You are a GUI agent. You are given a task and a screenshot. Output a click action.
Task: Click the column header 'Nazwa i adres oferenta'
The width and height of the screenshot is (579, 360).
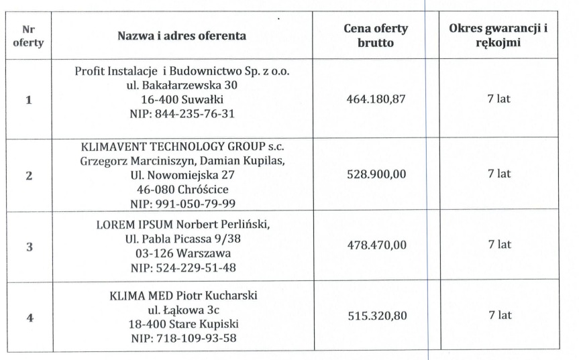(183, 36)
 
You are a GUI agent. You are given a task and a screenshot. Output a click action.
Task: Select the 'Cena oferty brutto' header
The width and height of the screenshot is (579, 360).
(376, 36)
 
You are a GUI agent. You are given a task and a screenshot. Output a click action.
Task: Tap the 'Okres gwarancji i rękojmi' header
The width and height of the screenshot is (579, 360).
(499, 36)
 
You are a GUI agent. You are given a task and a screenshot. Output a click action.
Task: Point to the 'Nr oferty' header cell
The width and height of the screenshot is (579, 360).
(28, 36)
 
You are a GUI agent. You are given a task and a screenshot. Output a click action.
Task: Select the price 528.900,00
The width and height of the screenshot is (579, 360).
(376, 174)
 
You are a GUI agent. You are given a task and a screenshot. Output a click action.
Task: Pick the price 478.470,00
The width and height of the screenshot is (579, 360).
(376, 245)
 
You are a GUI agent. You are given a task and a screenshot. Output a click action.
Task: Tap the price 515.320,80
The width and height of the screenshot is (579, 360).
(376, 315)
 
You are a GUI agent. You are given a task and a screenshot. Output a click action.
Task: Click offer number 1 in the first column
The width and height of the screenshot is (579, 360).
(28, 100)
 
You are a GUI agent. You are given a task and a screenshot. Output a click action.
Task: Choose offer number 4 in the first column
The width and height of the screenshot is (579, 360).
(28, 317)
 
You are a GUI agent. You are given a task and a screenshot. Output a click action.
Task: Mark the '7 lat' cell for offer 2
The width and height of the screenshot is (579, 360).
(499, 174)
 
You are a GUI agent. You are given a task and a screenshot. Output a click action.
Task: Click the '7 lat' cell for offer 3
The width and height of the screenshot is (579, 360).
(499, 245)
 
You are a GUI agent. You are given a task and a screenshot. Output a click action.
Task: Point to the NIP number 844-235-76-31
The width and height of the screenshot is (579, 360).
(182, 113)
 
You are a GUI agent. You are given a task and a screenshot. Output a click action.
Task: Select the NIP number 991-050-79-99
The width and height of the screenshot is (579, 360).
(182, 203)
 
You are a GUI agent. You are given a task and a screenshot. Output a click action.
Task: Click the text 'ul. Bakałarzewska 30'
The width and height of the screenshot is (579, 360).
(182, 84)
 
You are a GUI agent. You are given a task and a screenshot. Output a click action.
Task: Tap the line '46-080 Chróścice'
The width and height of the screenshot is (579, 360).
(182, 189)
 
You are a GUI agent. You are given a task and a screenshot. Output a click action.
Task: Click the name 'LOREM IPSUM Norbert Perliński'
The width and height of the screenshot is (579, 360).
(182, 223)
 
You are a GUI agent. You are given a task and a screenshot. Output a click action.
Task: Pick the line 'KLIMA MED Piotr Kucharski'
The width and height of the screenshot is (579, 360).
(182, 296)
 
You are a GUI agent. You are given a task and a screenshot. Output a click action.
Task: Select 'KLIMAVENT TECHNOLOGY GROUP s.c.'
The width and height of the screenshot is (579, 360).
(182, 146)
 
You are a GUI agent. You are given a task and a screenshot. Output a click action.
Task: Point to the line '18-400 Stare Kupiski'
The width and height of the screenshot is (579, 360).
(182, 324)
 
